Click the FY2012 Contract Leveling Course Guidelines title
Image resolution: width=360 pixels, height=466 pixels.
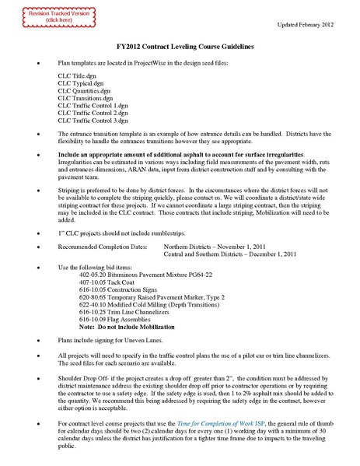pyautogui.click(x=180, y=47)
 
